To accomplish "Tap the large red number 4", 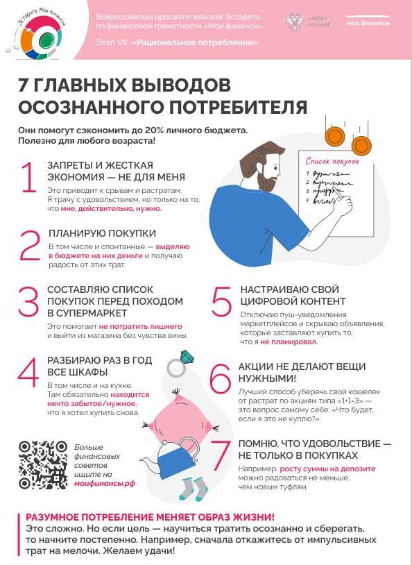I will coord(28,373).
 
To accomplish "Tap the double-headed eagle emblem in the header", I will coord(295,21).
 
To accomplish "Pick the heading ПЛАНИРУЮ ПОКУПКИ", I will coord(101,233).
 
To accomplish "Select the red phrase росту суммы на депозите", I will coord(338,469).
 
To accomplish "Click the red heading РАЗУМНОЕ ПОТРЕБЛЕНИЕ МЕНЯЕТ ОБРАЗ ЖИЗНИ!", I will coord(150,517).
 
